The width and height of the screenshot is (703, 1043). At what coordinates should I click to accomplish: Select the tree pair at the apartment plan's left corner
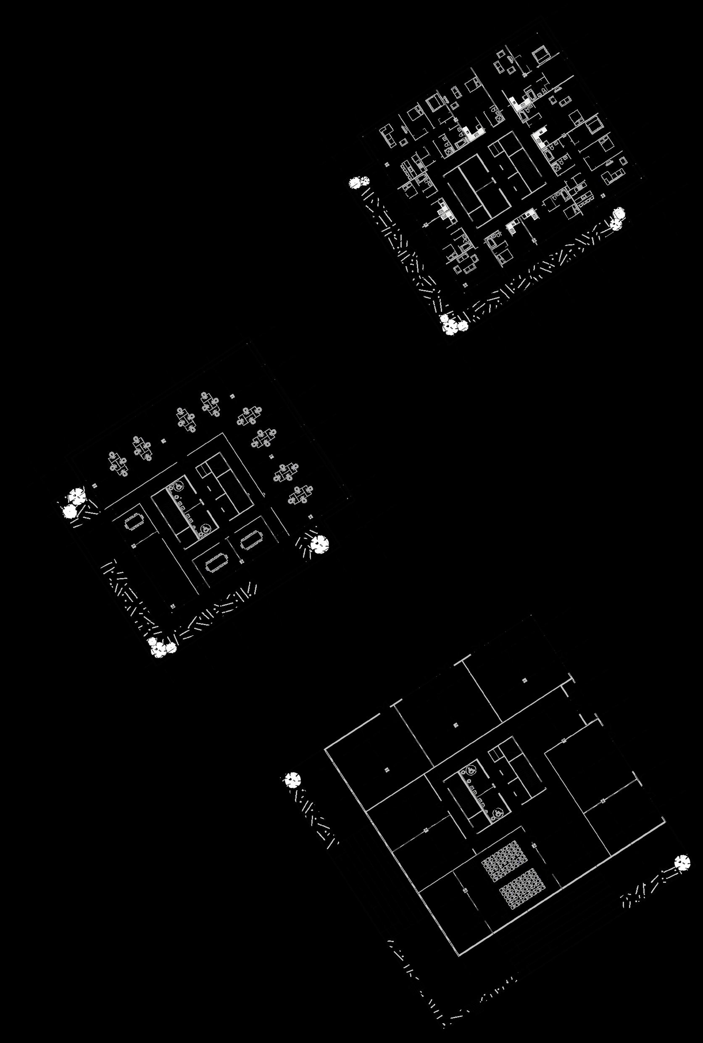click(360, 182)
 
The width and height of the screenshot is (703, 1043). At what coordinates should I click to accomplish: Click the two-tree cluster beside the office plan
click(74, 502)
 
